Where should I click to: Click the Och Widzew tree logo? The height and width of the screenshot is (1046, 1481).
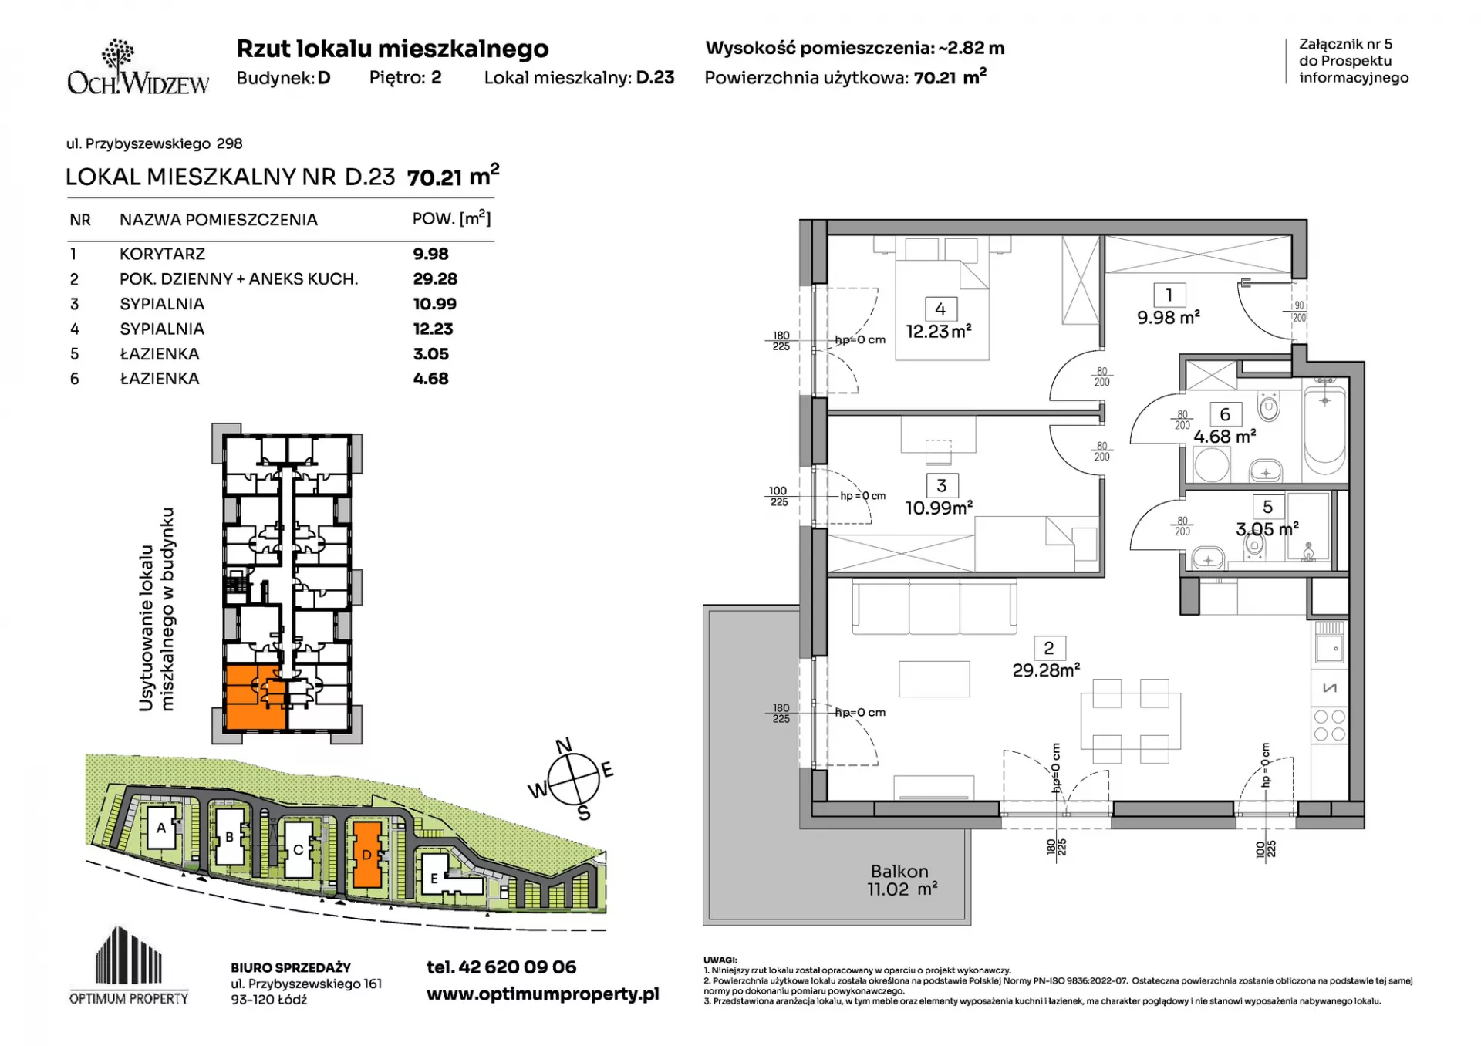pos(118,56)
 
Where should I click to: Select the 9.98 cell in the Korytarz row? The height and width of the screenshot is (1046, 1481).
pos(430,254)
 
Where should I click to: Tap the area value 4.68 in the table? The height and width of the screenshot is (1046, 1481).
pos(430,379)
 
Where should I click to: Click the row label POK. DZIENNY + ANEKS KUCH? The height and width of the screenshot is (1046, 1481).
pos(238,279)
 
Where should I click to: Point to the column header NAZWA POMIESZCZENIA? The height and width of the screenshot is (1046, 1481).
pos(218,220)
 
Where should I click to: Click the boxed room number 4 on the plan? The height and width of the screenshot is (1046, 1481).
pos(940,309)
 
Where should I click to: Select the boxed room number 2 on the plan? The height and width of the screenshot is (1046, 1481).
pos(1049,649)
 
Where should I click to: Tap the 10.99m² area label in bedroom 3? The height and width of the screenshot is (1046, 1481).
pos(939,508)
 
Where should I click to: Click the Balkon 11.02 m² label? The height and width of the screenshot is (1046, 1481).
pos(901,880)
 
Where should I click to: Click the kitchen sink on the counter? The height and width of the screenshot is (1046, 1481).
pos(1329,649)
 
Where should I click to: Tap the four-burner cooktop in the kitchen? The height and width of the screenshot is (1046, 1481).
pos(1329,726)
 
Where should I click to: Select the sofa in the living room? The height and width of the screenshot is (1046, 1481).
pos(934,607)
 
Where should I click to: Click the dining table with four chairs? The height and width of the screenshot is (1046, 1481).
pos(1131,721)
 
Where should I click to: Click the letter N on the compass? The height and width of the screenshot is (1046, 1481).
pos(564,745)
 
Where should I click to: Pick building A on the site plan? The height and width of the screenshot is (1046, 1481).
pos(161,828)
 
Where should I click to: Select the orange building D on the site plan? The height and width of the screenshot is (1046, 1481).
pos(366,855)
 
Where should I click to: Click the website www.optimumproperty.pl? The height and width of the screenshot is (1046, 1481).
pos(543,994)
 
